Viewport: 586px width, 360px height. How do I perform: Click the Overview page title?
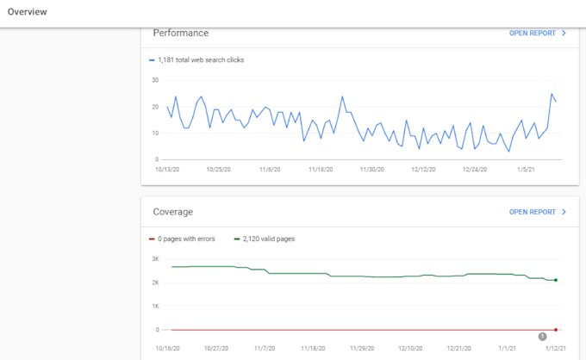click(28, 12)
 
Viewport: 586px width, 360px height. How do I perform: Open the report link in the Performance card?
click(538, 34)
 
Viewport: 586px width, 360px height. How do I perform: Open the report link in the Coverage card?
click(538, 212)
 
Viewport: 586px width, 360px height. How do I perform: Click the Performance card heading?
click(180, 34)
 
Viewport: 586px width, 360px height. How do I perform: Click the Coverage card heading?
click(172, 212)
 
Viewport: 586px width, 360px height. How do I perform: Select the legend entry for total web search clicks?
click(196, 60)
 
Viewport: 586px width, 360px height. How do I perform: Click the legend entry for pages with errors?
click(182, 239)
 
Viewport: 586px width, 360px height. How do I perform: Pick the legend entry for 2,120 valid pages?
click(265, 239)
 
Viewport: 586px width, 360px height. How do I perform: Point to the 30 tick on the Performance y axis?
click(155, 80)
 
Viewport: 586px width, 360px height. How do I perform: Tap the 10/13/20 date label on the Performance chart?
click(167, 170)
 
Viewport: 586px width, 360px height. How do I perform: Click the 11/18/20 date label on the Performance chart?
click(321, 170)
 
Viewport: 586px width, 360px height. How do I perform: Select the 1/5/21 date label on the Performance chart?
click(526, 170)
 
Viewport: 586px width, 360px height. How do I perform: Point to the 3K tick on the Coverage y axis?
click(155, 259)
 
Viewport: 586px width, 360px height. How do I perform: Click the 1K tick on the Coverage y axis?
click(155, 307)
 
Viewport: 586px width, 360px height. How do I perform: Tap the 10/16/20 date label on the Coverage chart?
click(167, 349)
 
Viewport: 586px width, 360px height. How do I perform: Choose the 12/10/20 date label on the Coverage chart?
click(410, 349)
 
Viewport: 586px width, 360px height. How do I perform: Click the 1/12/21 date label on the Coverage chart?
click(555, 349)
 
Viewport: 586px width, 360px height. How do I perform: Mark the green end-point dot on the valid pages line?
click(556, 280)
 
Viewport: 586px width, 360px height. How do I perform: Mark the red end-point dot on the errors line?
click(556, 330)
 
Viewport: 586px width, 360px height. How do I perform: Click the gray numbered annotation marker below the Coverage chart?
click(542, 337)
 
